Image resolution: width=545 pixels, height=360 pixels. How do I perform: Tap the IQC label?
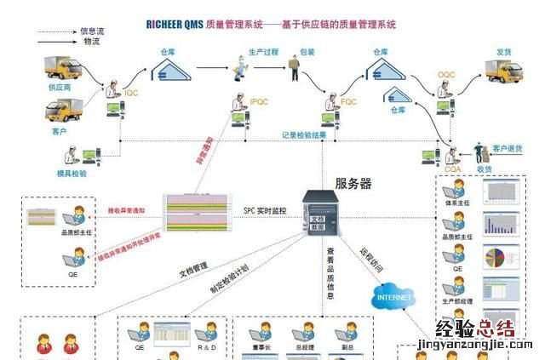tap(131, 92)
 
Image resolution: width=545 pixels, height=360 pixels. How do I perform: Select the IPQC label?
tap(260, 102)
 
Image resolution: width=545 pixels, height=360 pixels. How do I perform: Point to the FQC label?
tap(349, 102)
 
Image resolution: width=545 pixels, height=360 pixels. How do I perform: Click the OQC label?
tap(447, 76)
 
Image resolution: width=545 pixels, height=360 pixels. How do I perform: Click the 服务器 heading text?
tap(353, 183)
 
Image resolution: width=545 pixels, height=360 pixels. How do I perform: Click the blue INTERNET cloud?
tap(393, 297)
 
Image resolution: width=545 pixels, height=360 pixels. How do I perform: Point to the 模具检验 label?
tap(74, 173)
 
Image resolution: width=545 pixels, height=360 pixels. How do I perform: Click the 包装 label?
tap(307, 52)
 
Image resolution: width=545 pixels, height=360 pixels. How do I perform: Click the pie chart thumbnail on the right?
tap(495, 257)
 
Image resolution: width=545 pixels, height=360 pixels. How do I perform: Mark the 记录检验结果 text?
tap(304, 134)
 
